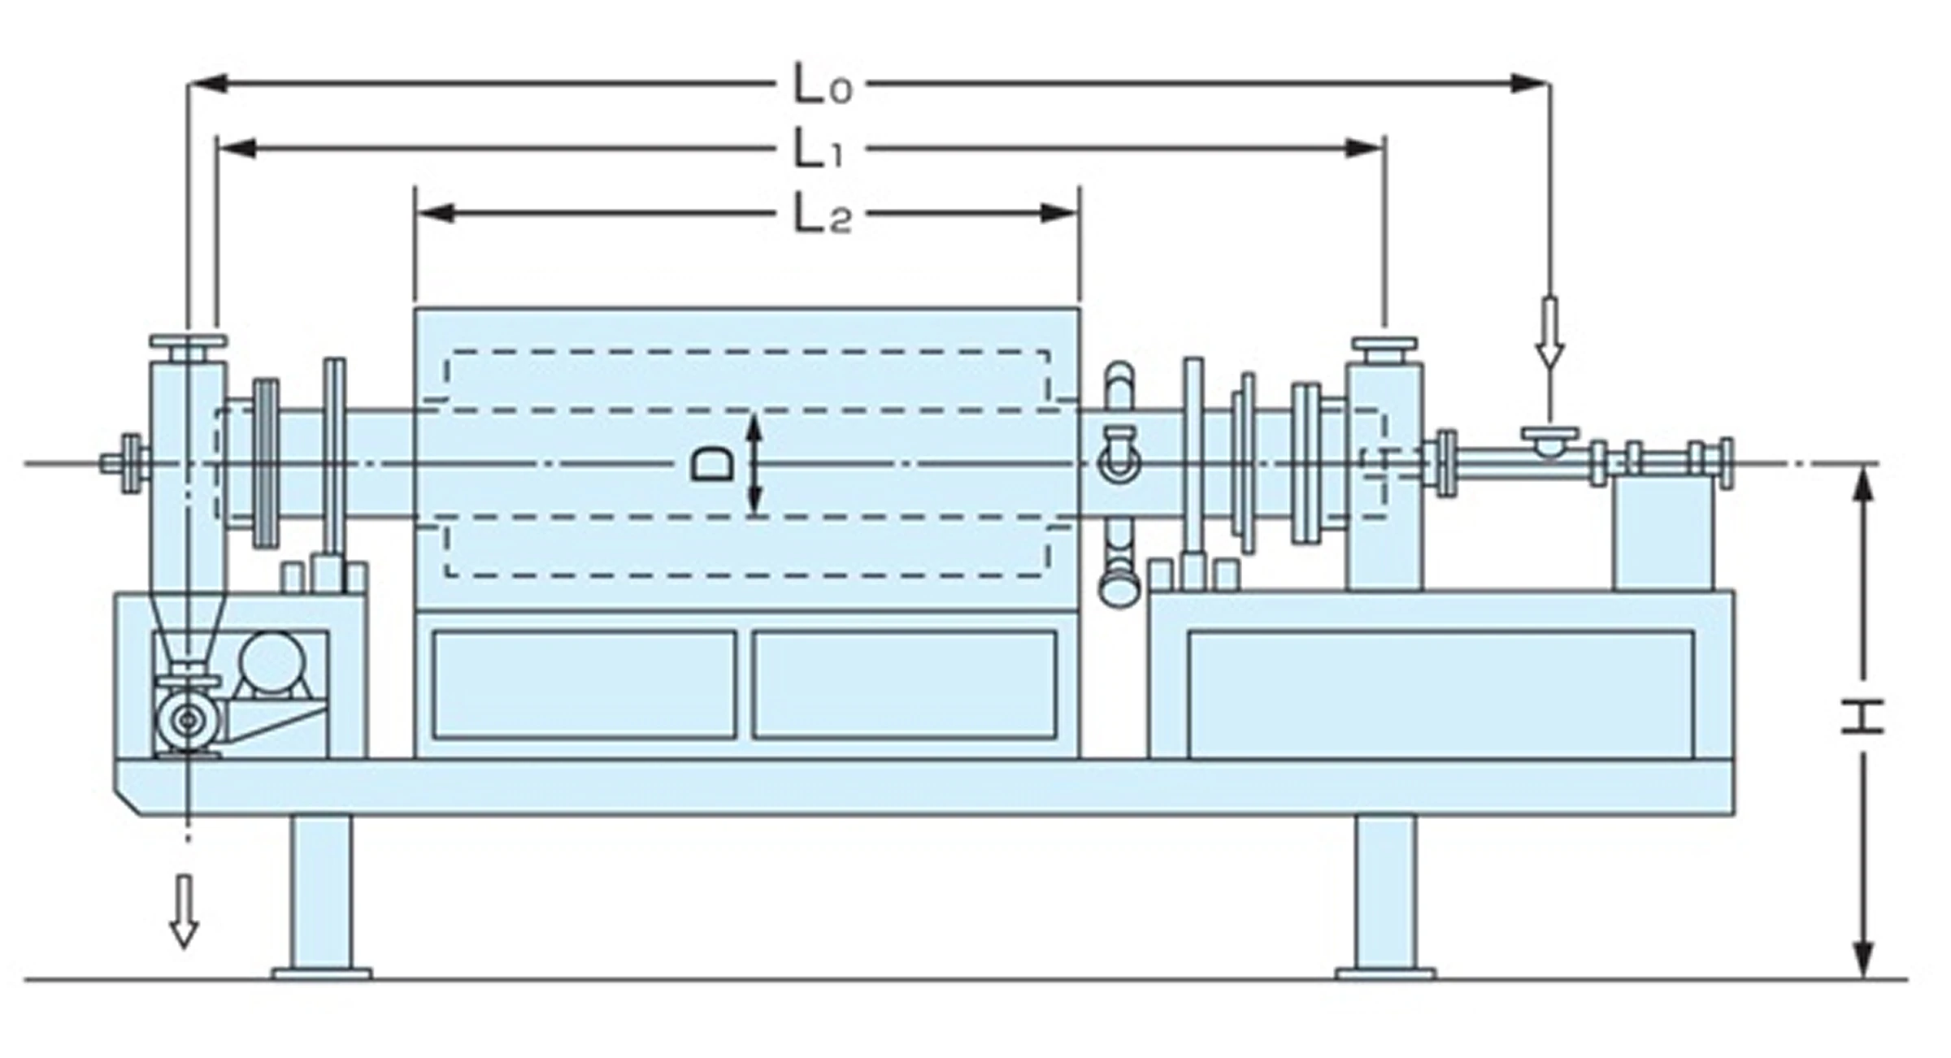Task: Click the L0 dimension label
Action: pos(823,85)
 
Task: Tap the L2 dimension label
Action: pos(823,215)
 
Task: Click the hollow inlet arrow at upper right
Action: pos(1549,333)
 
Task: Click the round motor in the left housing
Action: pos(272,663)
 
